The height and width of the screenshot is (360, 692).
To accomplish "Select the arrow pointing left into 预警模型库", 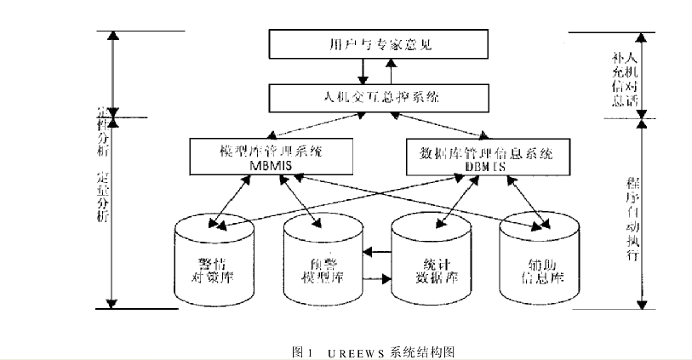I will point(375,252).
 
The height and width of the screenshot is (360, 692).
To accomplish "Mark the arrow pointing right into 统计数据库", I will point(375,278).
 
